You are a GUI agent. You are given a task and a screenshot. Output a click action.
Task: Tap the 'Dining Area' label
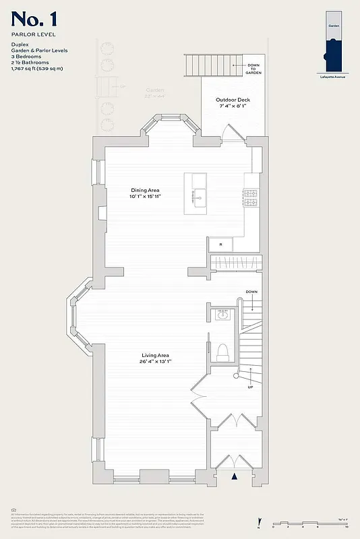click(148, 190)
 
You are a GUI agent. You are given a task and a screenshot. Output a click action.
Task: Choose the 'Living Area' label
click(155, 355)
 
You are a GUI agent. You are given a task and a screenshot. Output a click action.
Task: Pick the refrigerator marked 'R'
click(220, 243)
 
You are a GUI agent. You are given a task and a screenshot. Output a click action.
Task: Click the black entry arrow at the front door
click(235, 476)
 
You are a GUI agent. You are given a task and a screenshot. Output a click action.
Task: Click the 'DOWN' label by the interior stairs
click(251, 292)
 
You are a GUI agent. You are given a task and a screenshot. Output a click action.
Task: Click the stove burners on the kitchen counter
click(251, 197)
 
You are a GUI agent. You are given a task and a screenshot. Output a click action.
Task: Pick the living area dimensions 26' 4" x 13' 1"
click(155, 362)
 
